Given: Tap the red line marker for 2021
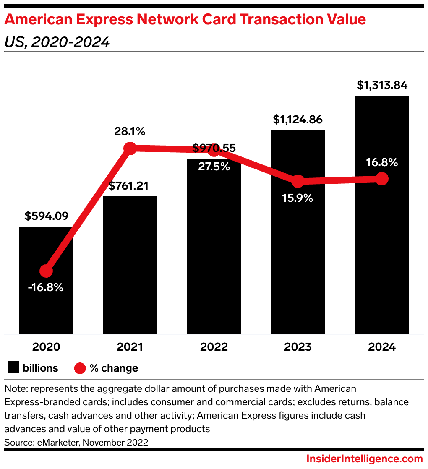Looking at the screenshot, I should (x=130, y=148).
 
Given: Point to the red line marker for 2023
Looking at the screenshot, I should (x=298, y=181).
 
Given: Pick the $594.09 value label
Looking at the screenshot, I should (x=46, y=216).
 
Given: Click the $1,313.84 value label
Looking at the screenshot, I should (x=382, y=85).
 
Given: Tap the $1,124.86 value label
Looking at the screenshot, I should (x=298, y=120).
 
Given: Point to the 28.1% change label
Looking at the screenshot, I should (x=130, y=131).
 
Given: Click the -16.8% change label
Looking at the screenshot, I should (x=46, y=288).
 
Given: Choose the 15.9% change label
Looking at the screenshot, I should (x=298, y=198).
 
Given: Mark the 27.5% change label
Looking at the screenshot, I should (x=214, y=166).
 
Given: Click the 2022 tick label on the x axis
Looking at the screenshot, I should (x=214, y=347).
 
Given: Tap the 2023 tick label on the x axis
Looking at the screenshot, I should (x=298, y=347).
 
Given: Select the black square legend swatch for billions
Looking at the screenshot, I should (x=13, y=368).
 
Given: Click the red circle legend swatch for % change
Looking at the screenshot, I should (x=80, y=368).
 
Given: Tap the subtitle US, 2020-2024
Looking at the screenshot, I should (x=57, y=42).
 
